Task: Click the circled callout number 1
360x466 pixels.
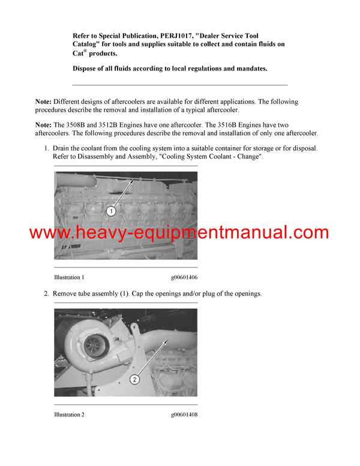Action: click(x=110, y=211)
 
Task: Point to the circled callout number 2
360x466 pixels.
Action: click(x=135, y=379)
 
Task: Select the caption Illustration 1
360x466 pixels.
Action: click(x=69, y=277)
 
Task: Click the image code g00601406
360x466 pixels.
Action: click(x=184, y=277)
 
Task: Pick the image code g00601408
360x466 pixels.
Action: click(x=184, y=415)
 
